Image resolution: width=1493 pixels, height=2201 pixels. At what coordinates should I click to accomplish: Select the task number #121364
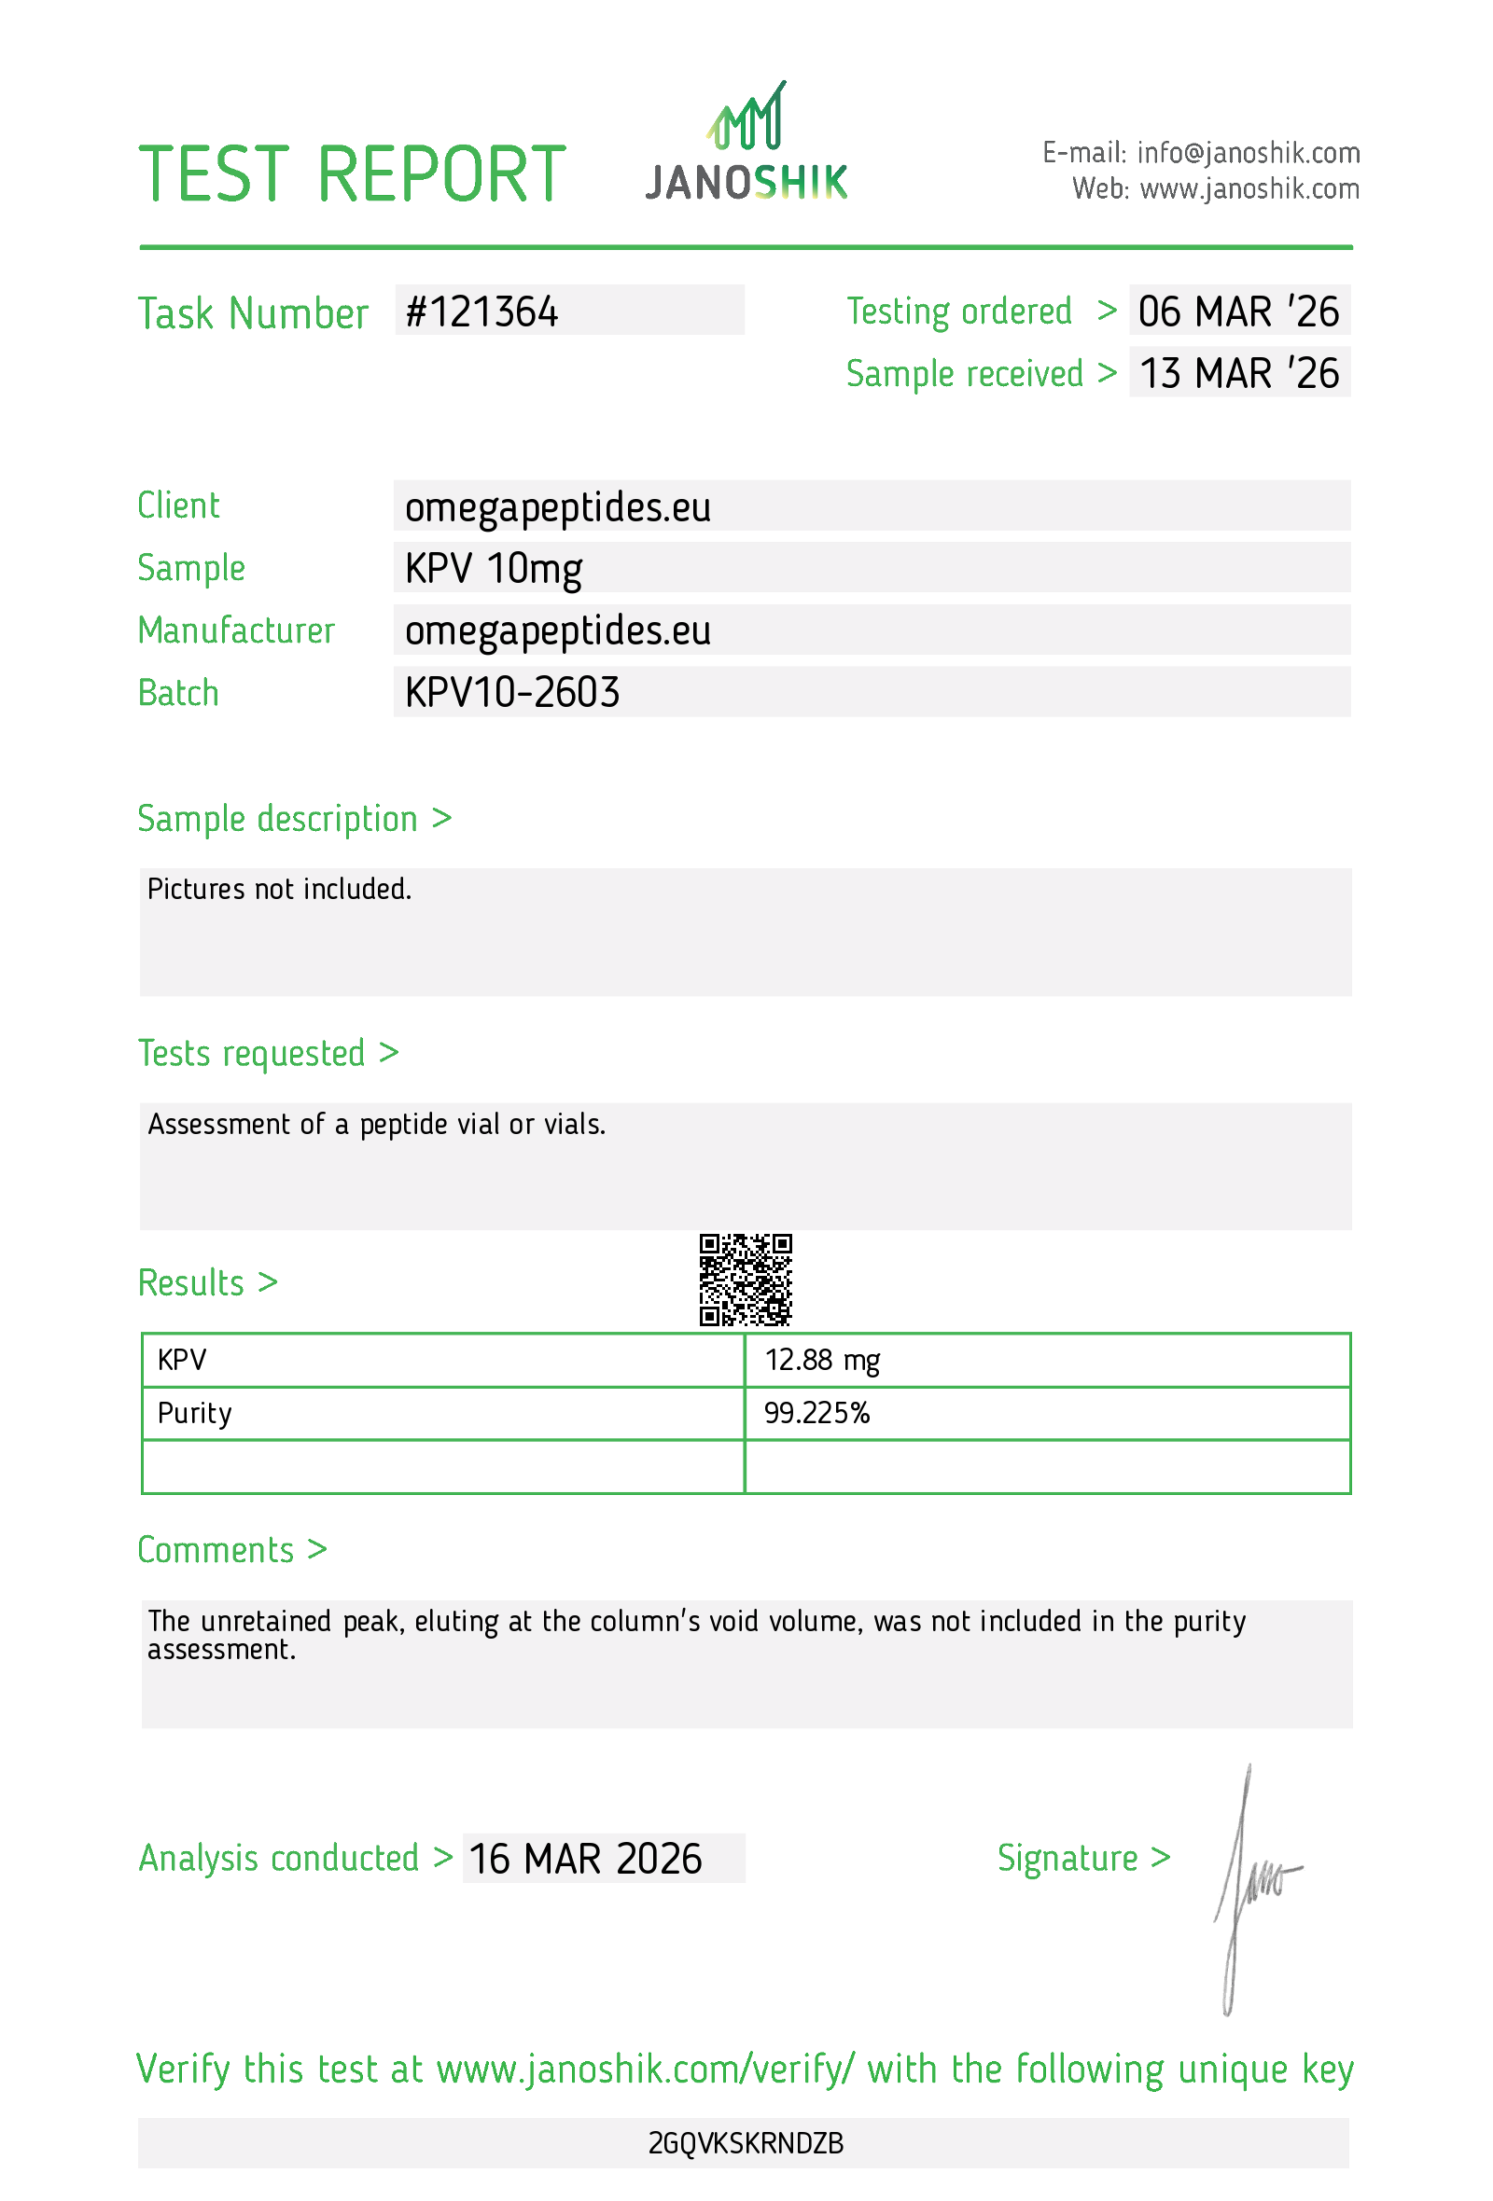click(481, 312)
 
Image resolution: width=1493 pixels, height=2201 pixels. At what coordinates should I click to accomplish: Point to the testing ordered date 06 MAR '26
click(1238, 311)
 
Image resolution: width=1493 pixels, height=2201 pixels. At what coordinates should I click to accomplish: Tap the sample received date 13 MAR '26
click(1238, 373)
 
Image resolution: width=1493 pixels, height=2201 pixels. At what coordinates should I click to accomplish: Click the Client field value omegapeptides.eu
click(557, 507)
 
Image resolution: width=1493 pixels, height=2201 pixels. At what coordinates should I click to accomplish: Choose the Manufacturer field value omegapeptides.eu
click(557, 630)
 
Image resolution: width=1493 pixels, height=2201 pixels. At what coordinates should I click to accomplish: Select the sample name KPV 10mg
click(493, 569)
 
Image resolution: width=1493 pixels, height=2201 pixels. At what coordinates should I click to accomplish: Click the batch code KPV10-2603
click(511, 692)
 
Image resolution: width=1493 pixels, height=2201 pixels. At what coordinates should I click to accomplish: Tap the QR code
click(746, 1280)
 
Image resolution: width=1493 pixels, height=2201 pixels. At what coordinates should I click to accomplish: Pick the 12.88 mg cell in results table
click(821, 1360)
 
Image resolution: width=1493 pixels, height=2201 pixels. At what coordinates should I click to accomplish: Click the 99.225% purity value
click(816, 1413)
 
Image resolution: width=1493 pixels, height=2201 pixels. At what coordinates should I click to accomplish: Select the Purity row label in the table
click(194, 1413)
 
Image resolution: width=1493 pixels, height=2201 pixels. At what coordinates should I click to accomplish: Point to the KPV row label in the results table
click(182, 1360)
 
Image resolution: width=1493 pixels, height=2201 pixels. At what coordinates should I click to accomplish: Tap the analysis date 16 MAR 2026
click(585, 1859)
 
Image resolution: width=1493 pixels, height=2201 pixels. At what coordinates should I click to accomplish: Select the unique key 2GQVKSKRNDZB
click(746, 2142)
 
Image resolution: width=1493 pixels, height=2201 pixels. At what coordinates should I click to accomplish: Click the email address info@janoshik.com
click(1248, 152)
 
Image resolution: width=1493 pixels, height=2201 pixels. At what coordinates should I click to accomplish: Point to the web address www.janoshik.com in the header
click(1249, 189)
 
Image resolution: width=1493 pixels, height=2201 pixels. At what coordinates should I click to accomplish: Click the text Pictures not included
click(279, 890)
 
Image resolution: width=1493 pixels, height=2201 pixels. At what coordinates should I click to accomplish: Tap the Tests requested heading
click(251, 1053)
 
